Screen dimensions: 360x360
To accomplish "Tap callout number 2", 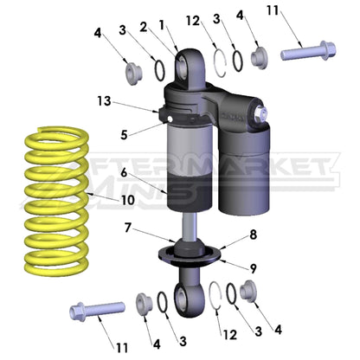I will [x=144, y=27].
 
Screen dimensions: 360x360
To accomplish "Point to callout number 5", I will [x=125, y=135].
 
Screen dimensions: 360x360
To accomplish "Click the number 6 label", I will [x=125, y=173].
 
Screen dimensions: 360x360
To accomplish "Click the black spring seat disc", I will [x=188, y=256].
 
